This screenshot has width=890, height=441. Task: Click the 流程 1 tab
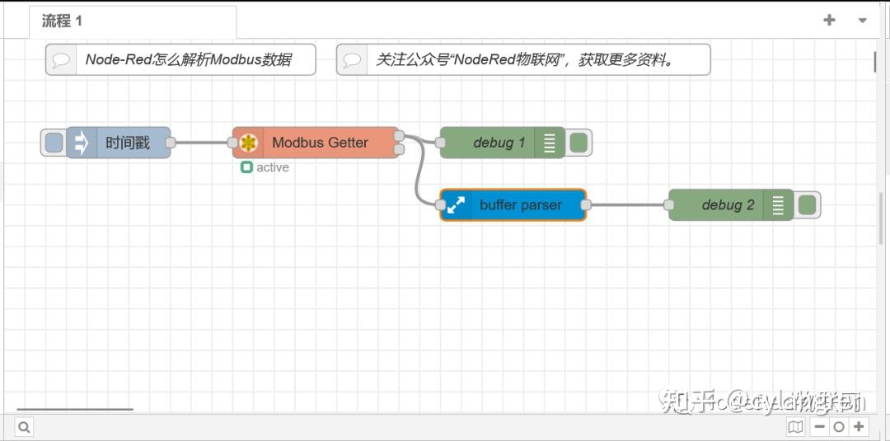pyautogui.click(x=63, y=21)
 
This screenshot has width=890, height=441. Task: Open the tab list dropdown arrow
pyautogui.click(x=862, y=21)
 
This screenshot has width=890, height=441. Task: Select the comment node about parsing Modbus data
pyautogui.click(x=188, y=60)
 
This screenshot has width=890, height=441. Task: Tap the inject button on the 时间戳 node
pyautogui.click(x=54, y=143)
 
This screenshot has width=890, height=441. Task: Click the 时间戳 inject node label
pyautogui.click(x=128, y=143)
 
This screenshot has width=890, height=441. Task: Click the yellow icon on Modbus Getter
pyautogui.click(x=248, y=143)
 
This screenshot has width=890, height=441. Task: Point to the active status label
pyautogui.click(x=272, y=167)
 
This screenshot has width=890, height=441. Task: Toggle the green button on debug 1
pyautogui.click(x=578, y=143)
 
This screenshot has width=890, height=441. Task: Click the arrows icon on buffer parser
pyautogui.click(x=455, y=205)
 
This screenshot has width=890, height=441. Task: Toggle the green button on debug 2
pyautogui.click(x=808, y=205)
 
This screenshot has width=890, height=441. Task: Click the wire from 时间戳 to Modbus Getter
pyautogui.click(x=202, y=143)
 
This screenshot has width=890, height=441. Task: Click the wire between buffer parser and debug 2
pyautogui.click(x=626, y=205)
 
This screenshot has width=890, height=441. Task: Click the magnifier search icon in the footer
pyautogui.click(x=24, y=427)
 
